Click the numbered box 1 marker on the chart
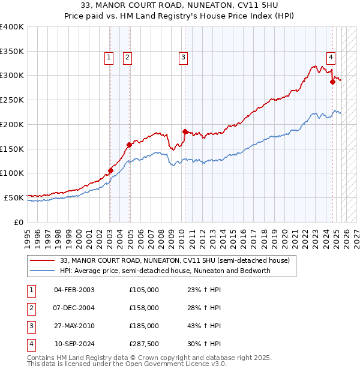point(109,58)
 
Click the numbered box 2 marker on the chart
point(128,58)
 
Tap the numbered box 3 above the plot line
point(182,58)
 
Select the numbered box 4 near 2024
point(331,58)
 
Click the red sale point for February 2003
point(110,170)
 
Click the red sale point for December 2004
point(129,145)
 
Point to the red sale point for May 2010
point(185,131)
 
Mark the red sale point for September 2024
point(332,82)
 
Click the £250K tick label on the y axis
point(12,100)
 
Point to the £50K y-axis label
point(14,197)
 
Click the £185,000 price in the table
point(144,326)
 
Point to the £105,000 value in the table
point(144,290)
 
